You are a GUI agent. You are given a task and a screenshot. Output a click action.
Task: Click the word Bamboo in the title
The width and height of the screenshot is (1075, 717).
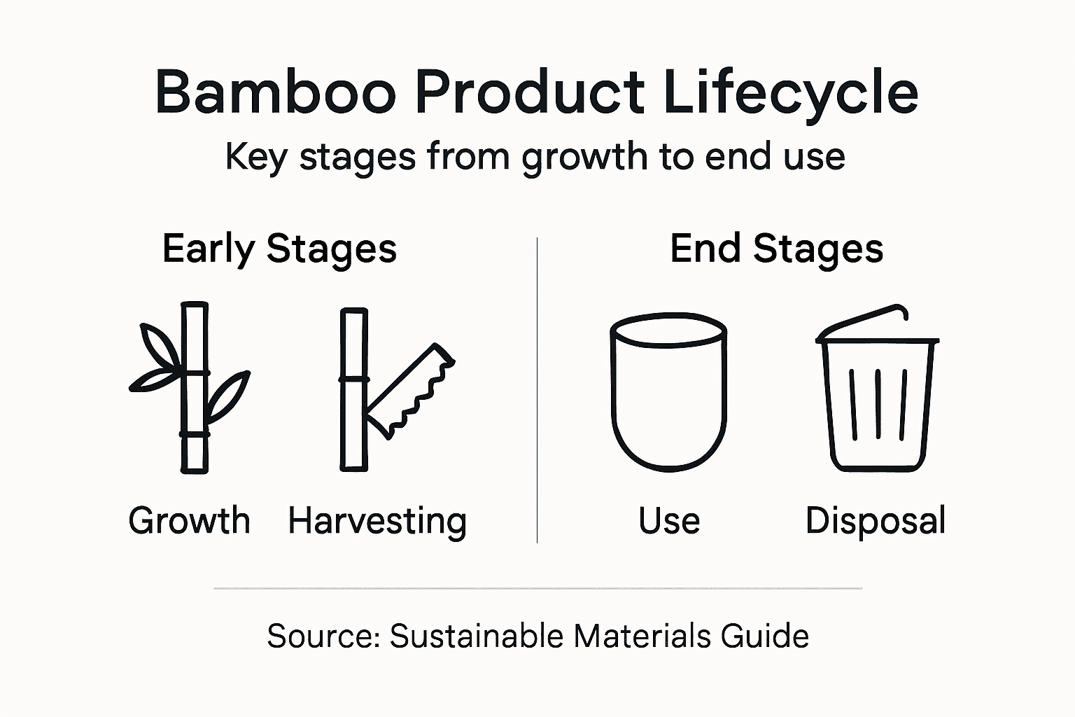click(275, 92)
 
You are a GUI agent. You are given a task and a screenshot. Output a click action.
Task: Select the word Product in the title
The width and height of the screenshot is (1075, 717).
click(529, 92)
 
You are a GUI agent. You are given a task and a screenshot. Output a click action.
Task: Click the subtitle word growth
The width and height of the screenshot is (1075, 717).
click(584, 157)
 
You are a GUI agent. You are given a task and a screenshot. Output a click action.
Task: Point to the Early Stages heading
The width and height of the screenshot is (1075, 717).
click(279, 249)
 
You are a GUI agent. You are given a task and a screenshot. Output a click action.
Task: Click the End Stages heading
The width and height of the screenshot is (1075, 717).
click(776, 249)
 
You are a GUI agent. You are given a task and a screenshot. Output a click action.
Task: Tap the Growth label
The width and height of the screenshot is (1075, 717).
click(189, 521)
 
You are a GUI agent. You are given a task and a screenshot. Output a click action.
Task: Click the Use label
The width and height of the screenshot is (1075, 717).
click(669, 521)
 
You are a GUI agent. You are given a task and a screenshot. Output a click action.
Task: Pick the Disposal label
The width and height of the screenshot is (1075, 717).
click(876, 521)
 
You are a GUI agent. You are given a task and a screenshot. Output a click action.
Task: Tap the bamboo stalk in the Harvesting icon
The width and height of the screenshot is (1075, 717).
click(353, 389)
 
